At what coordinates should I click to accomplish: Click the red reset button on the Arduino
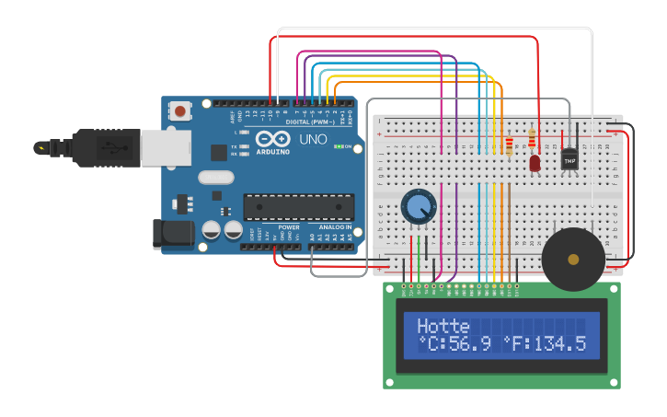[x=179, y=111]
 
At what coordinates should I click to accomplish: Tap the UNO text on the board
[x=313, y=139]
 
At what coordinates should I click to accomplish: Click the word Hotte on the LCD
[x=443, y=326]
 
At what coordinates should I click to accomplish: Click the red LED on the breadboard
[x=535, y=163]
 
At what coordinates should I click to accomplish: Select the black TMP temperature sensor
[x=569, y=159]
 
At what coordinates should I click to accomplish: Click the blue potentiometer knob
[x=418, y=206]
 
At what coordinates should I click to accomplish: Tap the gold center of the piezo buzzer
[x=573, y=260]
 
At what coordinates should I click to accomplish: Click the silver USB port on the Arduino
[x=166, y=147]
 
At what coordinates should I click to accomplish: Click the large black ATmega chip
[x=298, y=207]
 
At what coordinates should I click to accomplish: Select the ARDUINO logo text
[x=273, y=151]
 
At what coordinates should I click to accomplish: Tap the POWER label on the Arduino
[x=288, y=226]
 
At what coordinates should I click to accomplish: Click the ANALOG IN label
[x=335, y=226]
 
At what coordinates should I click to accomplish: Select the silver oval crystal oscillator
[x=216, y=178]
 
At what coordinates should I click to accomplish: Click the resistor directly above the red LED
[x=532, y=139]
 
